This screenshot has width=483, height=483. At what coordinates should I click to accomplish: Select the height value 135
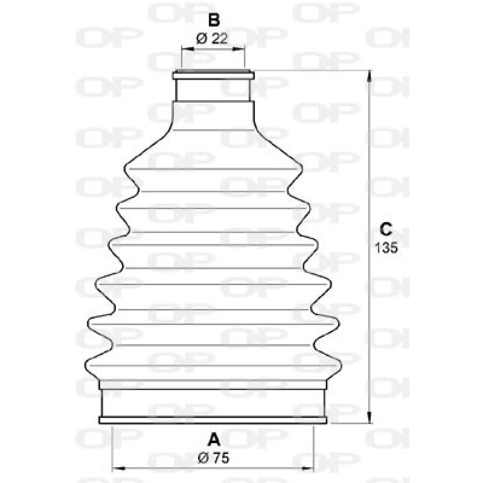coord(386,248)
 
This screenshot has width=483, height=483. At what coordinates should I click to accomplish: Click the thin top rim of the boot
coord(213,75)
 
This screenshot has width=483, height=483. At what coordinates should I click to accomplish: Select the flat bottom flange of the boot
coord(213,420)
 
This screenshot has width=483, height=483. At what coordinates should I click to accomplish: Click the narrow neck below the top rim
coord(213,91)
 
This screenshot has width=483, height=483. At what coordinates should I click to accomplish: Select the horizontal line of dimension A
coord(213,467)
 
